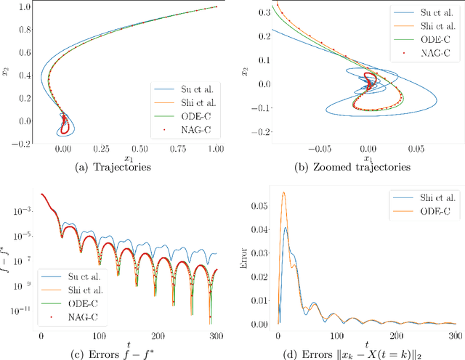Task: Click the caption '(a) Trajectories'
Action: tap(119, 165)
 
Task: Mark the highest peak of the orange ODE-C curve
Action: tap(283, 192)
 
